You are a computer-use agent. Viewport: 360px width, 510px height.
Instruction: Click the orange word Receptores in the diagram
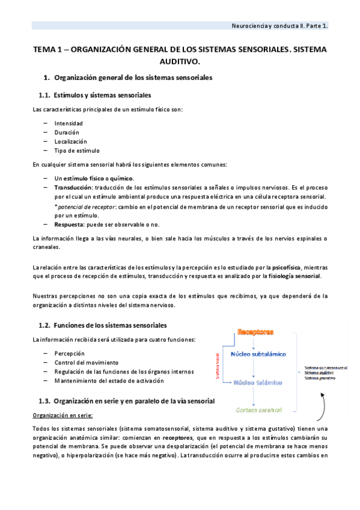(x=255, y=332)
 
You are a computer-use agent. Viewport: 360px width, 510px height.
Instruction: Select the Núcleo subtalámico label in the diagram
(x=258, y=354)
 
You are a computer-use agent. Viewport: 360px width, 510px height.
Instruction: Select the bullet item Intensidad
(x=69, y=123)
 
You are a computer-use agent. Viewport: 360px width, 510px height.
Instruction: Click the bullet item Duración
(x=66, y=132)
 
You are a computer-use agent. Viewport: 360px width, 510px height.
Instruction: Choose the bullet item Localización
(x=70, y=141)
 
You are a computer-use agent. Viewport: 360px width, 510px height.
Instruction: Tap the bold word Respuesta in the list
(x=70, y=224)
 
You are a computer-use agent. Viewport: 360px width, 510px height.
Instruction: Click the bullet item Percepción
(x=69, y=354)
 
